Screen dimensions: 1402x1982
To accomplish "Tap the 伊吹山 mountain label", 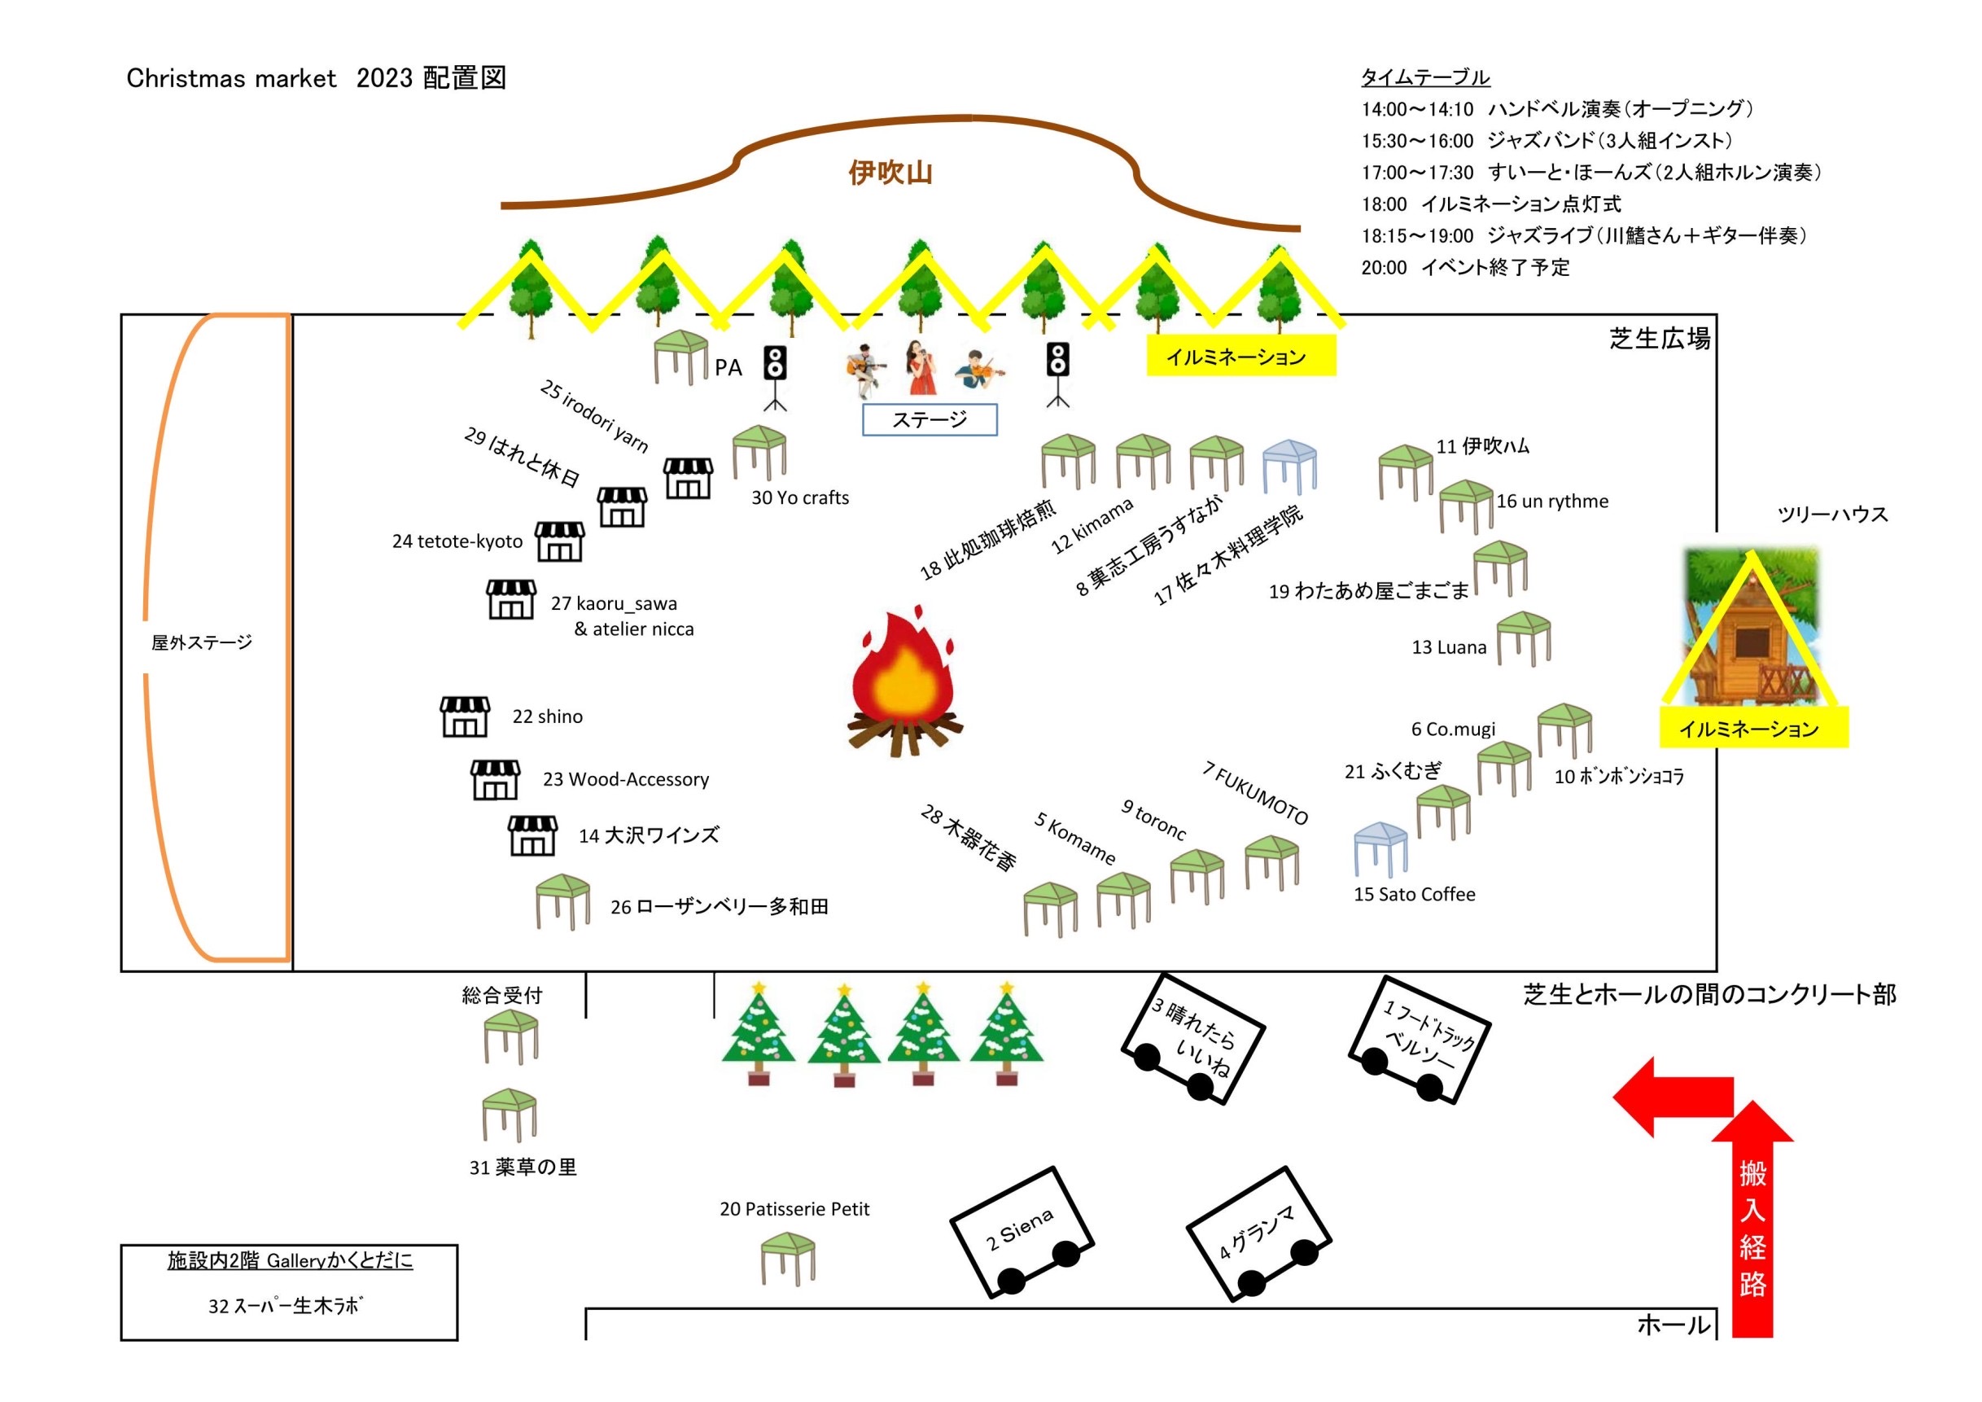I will (x=890, y=173).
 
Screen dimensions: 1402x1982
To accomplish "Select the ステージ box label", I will (x=930, y=419).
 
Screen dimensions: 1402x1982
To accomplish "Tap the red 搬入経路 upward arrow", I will (x=1752, y=1226).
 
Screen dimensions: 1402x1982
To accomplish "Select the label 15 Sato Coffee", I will (x=1414, y=895).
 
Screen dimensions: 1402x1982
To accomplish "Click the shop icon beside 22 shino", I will (x=465, y=716).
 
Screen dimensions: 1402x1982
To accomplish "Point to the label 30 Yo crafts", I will (x=800, y=498).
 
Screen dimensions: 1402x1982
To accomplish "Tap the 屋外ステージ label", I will (x=202, y=642).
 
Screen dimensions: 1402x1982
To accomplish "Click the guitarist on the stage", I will (x=866, y=371).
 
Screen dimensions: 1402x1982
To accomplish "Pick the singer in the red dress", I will (x=921, y=367).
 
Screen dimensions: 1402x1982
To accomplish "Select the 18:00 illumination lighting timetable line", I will (x=1491, y=204).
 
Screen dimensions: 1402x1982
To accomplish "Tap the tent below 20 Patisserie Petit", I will (x=788, y=1258).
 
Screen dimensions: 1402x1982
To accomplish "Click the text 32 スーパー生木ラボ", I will (x=285, y=1305).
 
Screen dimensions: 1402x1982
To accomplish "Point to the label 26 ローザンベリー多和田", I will (x=719, y=906).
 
